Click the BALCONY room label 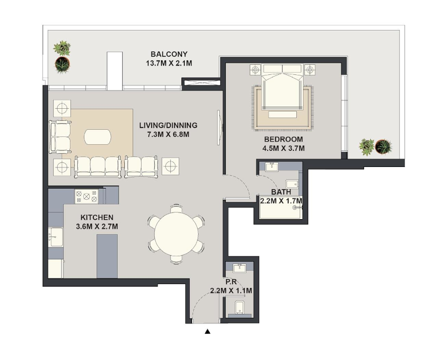point(169,54)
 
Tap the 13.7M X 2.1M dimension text point(169,63)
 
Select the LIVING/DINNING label point(168,125)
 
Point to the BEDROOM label point(284,139)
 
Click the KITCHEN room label point(97,217)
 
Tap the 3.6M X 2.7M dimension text point(97,227)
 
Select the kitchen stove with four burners point(87,196)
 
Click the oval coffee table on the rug point(98,137)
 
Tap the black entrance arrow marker point(208,332)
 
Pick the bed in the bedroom point(282,87)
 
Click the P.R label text point(231,282)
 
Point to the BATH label point(281,192)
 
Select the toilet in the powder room point(240,308)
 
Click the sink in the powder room point(240,268)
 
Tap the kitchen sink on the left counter point(56,237)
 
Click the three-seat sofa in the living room point(98,167)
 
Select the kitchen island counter point(107,256)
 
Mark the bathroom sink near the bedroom point(272,166)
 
